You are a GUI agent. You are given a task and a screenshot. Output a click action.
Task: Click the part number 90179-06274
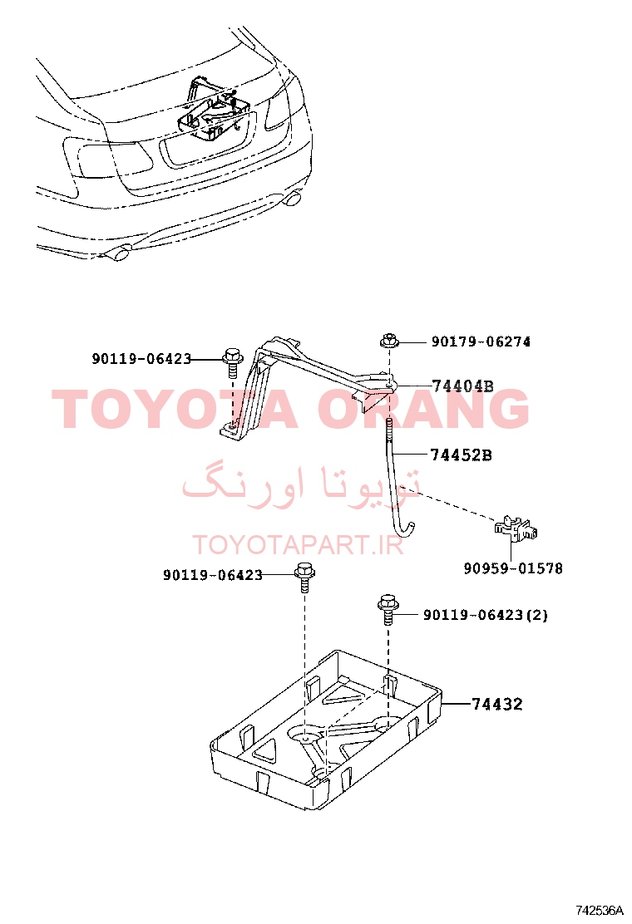coord(481,342)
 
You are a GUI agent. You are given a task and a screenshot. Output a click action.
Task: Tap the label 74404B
coord(463,386)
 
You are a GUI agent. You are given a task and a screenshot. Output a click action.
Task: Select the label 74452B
coord(461,455)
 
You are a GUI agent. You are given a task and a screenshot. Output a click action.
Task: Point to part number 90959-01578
coord(513,568)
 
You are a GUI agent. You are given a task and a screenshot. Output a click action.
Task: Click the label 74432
coord(497,704)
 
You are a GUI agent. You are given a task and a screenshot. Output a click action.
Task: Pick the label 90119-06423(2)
coord(486,615)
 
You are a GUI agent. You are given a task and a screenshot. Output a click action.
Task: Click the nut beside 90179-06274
coord(388,340)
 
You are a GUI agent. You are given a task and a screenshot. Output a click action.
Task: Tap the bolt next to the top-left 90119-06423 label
coord(232,364)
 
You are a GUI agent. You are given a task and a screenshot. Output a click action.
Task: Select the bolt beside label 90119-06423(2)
coord(387,609)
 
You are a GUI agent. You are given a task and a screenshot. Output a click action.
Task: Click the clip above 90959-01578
coord(516,528)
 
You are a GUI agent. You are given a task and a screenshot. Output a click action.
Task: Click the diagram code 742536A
coord(600,910)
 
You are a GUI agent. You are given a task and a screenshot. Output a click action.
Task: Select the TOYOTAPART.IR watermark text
coord(298,545)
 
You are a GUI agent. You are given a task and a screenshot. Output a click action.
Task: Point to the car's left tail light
coord(108,158)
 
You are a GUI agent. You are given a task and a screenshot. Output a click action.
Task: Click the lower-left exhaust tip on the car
coord(118,254)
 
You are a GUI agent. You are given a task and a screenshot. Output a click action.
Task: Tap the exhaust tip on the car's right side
coord(292,199)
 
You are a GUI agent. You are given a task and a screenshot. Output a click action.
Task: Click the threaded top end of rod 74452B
coord(389,432)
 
